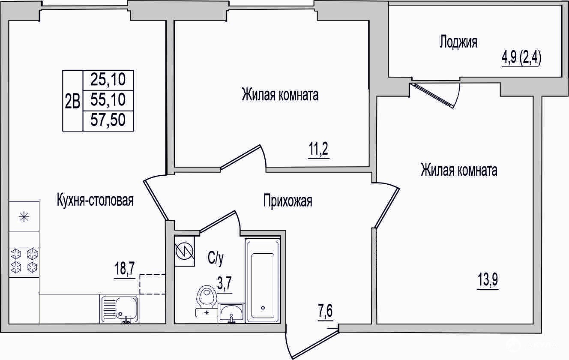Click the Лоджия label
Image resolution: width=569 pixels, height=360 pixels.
[x=458, y=42]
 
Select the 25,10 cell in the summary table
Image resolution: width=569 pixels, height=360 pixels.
[x=108, y=80]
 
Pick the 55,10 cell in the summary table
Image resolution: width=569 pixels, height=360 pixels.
[x=108, y=101]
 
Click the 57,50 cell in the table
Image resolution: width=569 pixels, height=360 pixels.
[x=108, y=121]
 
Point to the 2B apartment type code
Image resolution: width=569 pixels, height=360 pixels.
[x=73, y=101]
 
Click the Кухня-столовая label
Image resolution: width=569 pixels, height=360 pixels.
[x=95, y=201]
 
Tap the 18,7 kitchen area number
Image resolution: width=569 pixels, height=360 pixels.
[x=124, y=269]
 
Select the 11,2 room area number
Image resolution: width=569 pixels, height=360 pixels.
[x=318, y=149]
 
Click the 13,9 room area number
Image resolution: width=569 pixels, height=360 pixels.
[x=488, y=280]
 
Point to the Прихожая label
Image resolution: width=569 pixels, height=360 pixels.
[x=287, y=201]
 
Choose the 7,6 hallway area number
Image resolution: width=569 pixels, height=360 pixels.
[x=325, y=312]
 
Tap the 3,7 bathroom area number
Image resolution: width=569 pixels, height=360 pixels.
[x=225, y=284]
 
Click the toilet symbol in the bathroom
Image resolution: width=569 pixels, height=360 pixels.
[x=206, y=301]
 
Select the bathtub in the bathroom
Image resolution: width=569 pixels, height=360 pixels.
[x=263, y=280]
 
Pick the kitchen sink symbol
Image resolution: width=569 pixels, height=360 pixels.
[x=120, y=309]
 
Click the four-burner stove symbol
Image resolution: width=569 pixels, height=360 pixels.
[x=24, y=262]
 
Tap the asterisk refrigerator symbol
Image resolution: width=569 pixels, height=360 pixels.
[x=24, y=217]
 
